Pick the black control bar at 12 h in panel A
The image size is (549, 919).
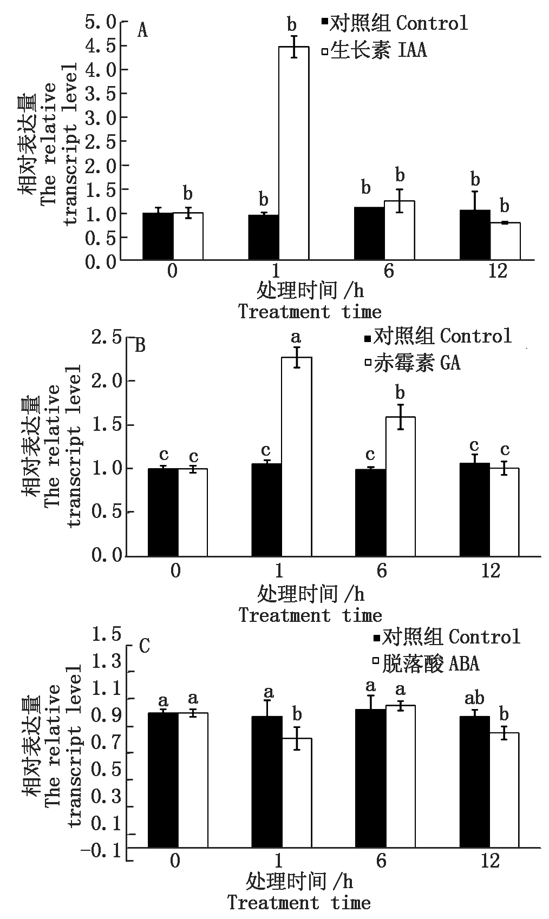pyautogui.click(x=475, y=235)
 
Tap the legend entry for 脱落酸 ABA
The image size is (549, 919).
pyautogui.click(x=426, y=663)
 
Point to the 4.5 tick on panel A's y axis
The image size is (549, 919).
pyautogui.click(x=103, y=45)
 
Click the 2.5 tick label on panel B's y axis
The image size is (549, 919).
pyautogui.click(x=107, y=337)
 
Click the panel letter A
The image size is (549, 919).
pyautogui.click(x=142, y=30)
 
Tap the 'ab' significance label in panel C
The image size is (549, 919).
pyautogui.click(x=474, y=699)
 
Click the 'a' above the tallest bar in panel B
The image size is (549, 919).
pyautogui.click(x=296, y=338)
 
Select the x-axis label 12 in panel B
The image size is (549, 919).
pyautogui.click(x=490, y=572)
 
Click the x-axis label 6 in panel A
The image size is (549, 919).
pyautogui.click(x=389, y=271)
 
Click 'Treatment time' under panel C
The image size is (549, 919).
pyautogui.click(x=299, y=903)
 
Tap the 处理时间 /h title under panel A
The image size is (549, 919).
pyautogui.click(x=310, y=291)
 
